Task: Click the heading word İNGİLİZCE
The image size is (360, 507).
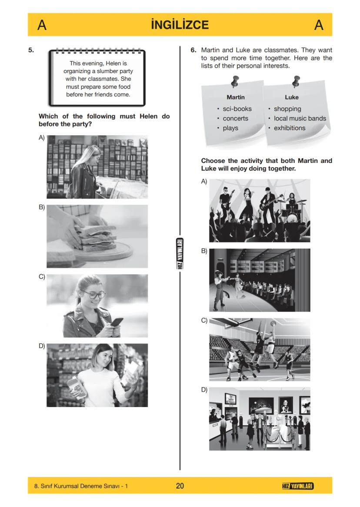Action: click(180, 25)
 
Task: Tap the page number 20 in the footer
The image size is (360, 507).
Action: click(180, 486)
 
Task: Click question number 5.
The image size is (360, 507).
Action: click(31, 50)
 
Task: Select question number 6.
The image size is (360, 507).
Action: click(193, 50)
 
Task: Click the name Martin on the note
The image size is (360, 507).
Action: click(236, 97)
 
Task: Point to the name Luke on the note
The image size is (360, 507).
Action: click(292, 97)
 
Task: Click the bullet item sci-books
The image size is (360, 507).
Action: click(237, 109)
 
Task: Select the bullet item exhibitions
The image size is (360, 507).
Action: click(290, 128)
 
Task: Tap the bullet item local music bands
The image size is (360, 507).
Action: click(300, 118)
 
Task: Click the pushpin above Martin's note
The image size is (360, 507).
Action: click(235, 81)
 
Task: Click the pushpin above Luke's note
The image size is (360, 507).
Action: click(297, 81)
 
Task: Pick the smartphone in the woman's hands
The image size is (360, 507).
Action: click(117, 323)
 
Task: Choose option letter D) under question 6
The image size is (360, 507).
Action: click(204, 390)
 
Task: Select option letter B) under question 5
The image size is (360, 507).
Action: click(42, 207)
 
